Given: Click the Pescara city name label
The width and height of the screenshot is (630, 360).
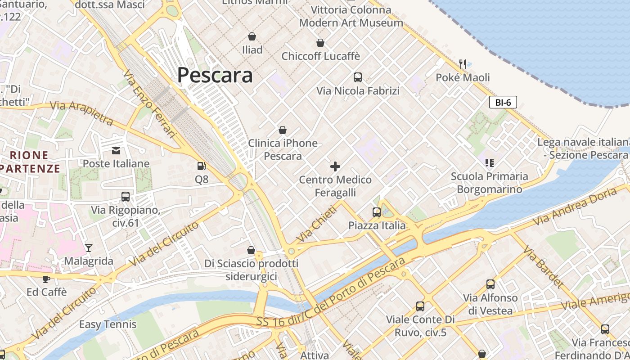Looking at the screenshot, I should tap(215, 75).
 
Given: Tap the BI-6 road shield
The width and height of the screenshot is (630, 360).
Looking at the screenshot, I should tap(503, 103).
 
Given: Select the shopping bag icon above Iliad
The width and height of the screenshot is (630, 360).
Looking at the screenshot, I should tap(252, 36).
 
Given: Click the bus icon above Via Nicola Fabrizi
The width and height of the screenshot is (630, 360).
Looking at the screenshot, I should tap(358, 77).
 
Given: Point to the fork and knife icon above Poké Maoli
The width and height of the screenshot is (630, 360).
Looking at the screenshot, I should tap(462, 64).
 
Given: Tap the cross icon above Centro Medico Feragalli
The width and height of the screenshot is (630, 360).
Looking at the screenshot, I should tap(335, 166).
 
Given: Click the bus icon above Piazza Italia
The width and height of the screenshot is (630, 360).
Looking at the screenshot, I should tap(377, 212).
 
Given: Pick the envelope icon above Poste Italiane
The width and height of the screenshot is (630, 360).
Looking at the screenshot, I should tap(116, 150).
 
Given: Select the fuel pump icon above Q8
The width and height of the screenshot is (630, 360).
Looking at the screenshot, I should tap(201, 166).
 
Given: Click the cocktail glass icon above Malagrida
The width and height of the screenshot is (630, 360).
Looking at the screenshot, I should tap(89, 247).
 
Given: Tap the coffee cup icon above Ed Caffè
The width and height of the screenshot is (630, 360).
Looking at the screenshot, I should tap(46, 279).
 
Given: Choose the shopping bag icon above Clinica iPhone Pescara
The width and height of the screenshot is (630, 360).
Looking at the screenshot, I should tap(283, 130).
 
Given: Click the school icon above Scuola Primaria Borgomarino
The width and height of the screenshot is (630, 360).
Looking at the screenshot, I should tap(489, 162).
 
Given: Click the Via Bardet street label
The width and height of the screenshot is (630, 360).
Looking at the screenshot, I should tap(543, 267).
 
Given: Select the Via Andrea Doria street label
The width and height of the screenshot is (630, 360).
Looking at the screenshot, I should tap(575, 206).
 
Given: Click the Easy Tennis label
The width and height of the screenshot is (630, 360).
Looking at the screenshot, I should tap(108, 324).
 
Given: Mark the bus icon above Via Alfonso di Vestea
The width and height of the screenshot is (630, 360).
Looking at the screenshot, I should tap(490, 284).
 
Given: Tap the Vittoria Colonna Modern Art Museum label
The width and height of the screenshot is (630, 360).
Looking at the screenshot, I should tap(351, 16).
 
